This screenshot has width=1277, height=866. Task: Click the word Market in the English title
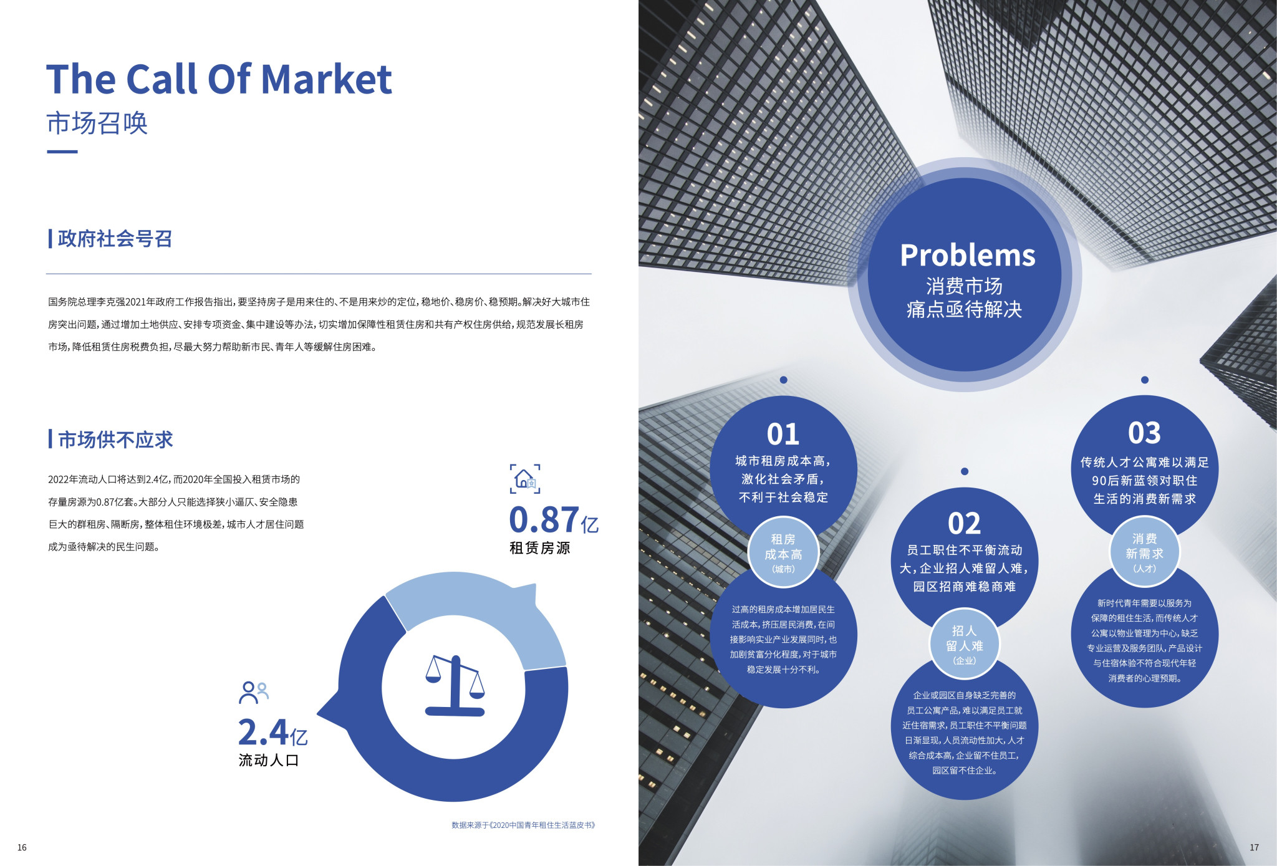326,79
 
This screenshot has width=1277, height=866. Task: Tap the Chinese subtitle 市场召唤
97,123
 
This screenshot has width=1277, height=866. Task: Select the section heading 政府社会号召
115,238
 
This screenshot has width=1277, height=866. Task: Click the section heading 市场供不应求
115,440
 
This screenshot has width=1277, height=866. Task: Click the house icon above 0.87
525,479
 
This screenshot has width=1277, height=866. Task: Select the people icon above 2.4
254,692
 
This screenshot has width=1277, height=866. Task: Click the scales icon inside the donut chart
455,685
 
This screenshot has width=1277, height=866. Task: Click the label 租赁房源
540,548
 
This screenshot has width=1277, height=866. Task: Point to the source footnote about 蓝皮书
524,825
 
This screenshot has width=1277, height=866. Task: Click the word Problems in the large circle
968,255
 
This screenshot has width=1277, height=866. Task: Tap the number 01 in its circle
783,435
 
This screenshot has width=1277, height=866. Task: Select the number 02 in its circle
964,524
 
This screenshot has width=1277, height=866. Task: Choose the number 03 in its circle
1144,433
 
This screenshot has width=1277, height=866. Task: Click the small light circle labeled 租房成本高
783,553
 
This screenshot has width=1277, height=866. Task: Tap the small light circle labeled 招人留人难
964,645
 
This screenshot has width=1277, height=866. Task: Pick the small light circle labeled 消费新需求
1144,552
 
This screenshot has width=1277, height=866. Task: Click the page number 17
1254,847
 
